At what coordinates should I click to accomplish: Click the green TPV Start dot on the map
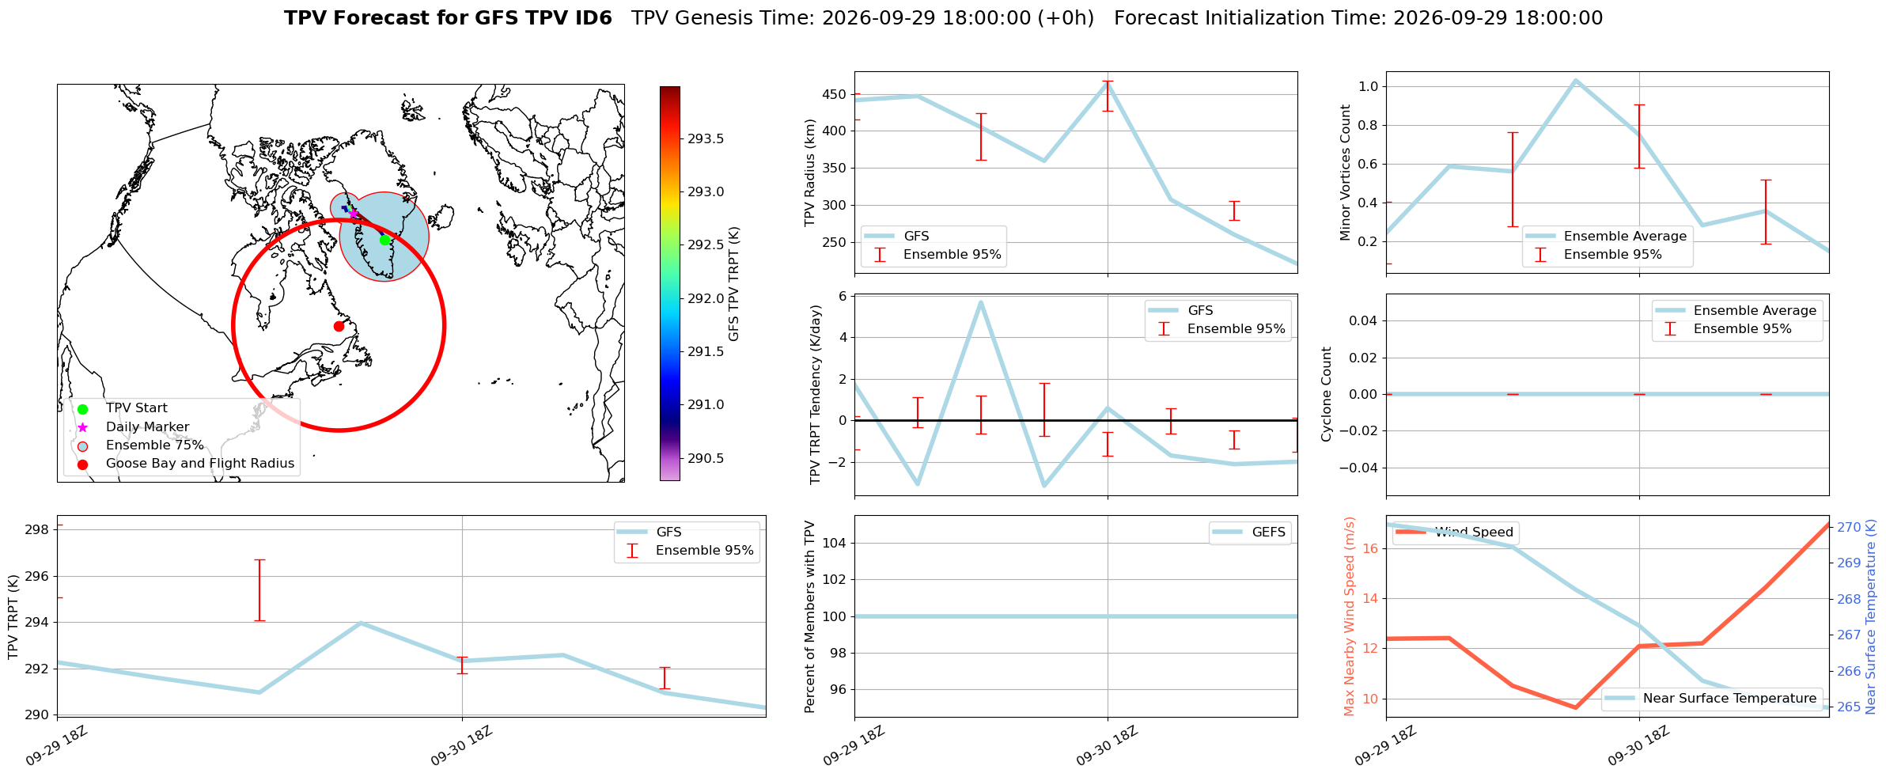(384, 240)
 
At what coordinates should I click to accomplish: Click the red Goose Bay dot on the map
(339, 326)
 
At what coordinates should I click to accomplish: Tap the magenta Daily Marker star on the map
(353, 213)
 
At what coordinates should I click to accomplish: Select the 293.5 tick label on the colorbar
(706, 139)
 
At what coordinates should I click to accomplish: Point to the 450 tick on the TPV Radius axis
(835, 95)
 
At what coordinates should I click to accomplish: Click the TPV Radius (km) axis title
(809, 172)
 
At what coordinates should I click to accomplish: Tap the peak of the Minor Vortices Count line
(1575, 80)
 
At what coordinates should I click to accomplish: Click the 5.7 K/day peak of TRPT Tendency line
(980, 302)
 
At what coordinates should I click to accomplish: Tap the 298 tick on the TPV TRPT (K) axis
(38, 530)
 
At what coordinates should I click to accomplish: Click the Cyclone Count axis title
(1327, 394)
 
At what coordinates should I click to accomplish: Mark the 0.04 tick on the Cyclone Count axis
(1361, 320)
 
